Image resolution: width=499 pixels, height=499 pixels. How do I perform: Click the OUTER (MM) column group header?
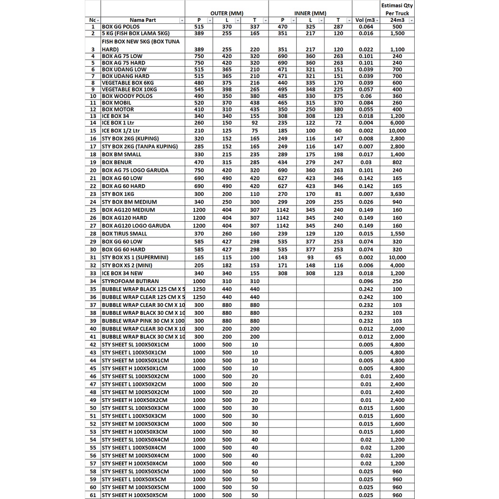(226, 13)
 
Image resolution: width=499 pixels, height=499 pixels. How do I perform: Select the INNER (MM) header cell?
(310, 13)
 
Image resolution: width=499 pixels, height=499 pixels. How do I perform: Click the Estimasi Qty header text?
(397, 6)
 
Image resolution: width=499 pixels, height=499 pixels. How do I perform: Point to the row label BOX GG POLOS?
(120, 27)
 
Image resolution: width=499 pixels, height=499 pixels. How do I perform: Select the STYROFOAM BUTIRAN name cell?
(130, 281)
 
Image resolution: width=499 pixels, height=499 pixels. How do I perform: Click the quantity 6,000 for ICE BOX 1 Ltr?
(397, 123)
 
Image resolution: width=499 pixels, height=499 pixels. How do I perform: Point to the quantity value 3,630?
(397, 194)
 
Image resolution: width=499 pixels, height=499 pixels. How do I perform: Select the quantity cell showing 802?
(397, 162)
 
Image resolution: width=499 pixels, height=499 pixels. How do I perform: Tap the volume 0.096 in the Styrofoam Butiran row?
(365, 281)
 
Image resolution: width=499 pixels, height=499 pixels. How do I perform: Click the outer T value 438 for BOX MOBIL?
(254, 103)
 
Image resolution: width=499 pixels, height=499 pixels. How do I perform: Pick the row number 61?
(93, 495)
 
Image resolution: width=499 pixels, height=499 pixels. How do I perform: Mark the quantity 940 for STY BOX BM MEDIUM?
(397, 202)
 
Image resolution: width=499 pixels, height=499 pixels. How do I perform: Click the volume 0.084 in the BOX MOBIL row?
(365, 103)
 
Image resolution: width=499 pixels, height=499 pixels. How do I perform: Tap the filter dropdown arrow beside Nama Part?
(182, 20)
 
